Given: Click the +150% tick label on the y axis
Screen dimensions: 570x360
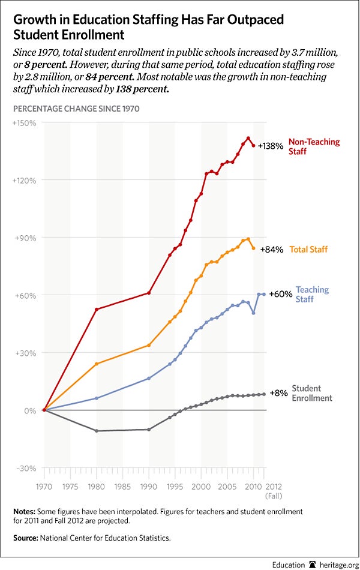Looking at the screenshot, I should (x=25, y=123).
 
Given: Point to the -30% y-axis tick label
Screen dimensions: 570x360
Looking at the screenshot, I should (x=26, y=468).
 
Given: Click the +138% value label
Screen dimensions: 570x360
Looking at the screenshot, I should (x=270, y=146).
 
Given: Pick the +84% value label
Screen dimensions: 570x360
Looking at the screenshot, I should (x=271, y=249).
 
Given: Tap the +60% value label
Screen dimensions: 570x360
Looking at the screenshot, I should (x=280, y=294).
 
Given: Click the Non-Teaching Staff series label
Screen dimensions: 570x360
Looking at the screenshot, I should (x=314, y=147).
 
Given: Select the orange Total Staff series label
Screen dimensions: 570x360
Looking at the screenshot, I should (x=308, y=249).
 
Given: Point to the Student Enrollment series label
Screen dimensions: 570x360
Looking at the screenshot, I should (x=312, y=393).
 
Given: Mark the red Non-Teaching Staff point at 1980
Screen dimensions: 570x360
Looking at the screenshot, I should (x=96, y=310).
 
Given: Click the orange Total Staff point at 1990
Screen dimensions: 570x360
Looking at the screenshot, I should (x=149, y=345).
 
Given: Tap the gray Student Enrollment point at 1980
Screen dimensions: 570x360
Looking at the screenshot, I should (x=96, y=431).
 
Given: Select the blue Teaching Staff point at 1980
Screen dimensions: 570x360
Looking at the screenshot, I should (x=96, y=398).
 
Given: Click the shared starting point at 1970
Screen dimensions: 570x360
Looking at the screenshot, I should (x=44, y=410).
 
